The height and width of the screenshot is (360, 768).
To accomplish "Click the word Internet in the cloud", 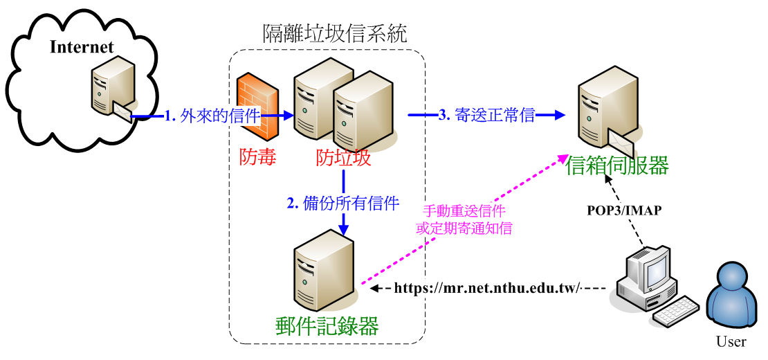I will coord(82,47).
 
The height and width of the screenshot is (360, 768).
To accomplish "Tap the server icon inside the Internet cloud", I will coord(109,88).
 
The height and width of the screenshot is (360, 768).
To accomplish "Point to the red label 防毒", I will coord(258,158).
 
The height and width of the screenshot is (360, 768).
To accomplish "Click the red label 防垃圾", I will coord(343,159).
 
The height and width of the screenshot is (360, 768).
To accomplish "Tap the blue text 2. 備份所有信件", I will coord(343,203).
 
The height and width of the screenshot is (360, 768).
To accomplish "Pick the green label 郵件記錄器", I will coord(326,325).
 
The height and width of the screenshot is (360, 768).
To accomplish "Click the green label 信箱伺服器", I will coord(617,166).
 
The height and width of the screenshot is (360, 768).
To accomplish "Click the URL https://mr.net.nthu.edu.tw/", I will coord(487,288).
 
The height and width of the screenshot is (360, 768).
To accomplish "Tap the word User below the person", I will coord(731,342).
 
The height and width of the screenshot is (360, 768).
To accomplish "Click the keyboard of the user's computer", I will coord(676,313).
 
